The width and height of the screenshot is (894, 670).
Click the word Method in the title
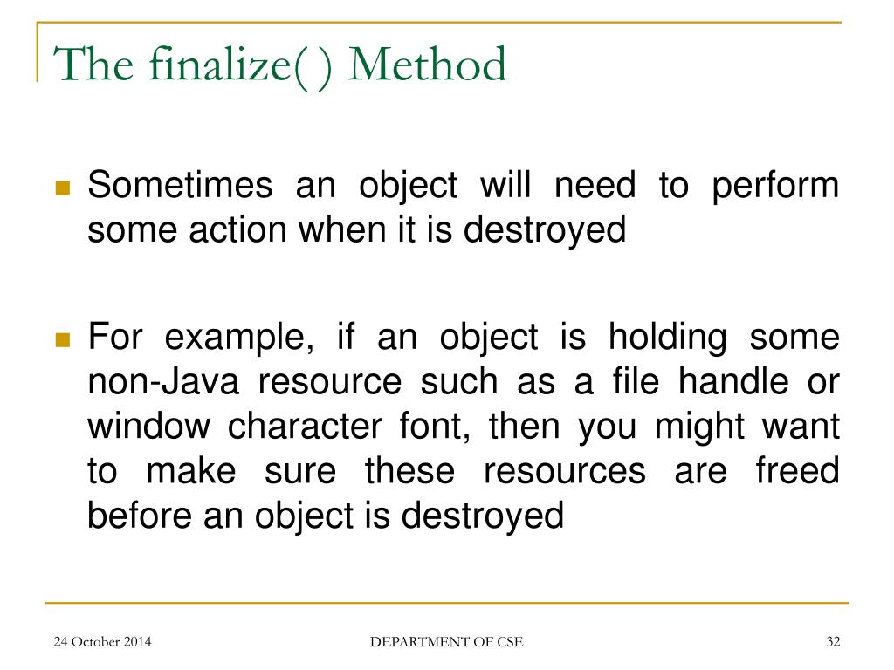427,65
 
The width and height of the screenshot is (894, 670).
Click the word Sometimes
181,186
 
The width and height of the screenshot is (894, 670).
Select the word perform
774,186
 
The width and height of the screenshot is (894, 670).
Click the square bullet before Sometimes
62,188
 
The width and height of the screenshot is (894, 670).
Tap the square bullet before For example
62,339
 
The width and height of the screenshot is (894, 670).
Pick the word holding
667,338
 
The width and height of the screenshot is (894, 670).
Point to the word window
148,427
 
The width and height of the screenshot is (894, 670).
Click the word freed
796,471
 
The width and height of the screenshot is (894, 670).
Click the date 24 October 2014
102,643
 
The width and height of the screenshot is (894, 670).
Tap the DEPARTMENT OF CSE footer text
447,643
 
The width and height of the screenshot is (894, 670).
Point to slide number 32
832,643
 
